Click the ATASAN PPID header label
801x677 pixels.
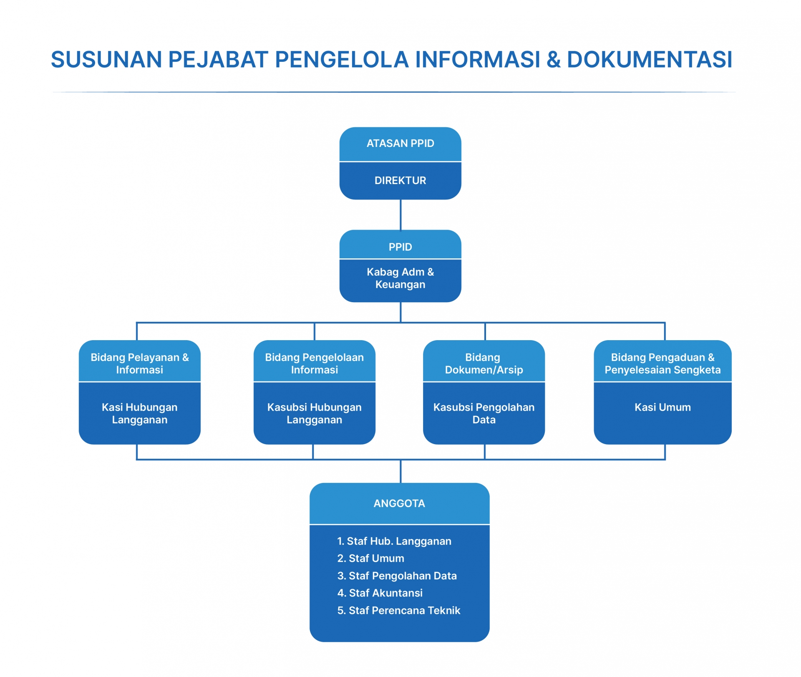pyautogui.click(x=400, y=144)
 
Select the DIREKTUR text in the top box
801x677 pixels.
pyautogui.click(x=400, y=181)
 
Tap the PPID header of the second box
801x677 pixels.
pyautogui.click(x=400, y=247)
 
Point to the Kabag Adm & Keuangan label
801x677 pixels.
pyautogui.click(x=400, y=278)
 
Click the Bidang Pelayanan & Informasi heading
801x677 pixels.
pyautogui.click(x=139, y=364)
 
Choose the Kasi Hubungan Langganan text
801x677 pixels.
pyautogui.click(x=139, y=414)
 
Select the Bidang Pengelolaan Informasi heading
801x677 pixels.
pyautogui.click(x=314, y=364)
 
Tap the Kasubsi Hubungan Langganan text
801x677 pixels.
pyautogui.click(x=314, y=414)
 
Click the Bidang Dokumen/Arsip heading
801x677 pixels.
pyautogui.click(x=484, y=364)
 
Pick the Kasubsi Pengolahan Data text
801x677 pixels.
pyautogui.click(x=484, y=414)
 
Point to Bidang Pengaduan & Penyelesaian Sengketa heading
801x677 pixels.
pyautogui.click(x=662, y=364)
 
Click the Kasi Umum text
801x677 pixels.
pyautogui.click(x=662, y=407)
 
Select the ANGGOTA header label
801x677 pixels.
pyautogui.click(x=399, y=504)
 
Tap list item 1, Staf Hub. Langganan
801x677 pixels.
pyautogui.click(x=394, y=541)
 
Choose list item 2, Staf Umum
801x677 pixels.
pyautogui.click(x=371, y=558)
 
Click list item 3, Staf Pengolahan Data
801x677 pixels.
pyautogui.click(x=397, y=576)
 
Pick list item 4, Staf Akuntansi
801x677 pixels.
pyautogui.click(x=380, y=593)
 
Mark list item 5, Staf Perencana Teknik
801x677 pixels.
pyautogui.click(x=399, y=611)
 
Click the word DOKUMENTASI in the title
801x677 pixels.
pyautogui.click(x=649, y=60)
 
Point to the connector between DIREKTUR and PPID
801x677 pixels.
pyautogui.click(x=400, y=215)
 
